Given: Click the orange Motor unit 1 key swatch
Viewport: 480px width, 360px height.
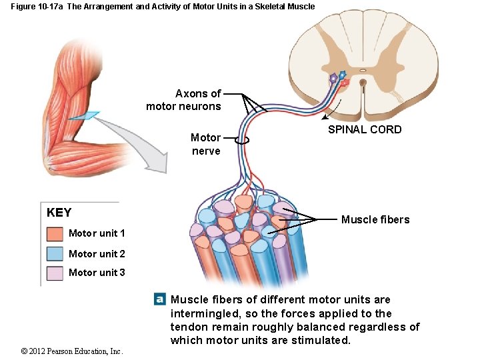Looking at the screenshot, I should pos(55,234).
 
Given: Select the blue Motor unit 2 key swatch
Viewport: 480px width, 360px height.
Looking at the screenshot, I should pos(55,253).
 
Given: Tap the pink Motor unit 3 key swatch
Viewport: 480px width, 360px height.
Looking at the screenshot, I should pos(55,273).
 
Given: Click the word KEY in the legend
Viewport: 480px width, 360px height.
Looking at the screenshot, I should pos(59,213).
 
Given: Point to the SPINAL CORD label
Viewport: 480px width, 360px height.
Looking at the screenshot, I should pos(365,129).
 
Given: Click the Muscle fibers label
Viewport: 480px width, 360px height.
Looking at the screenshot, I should pos(375,219).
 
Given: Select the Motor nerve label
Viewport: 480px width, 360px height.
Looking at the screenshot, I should pos(205,144).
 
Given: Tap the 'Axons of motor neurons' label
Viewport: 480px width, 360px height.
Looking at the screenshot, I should pos(184,100).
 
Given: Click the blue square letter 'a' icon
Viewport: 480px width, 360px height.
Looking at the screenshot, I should pos(159,299).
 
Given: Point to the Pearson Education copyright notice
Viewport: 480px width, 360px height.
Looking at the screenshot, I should pos(72,351).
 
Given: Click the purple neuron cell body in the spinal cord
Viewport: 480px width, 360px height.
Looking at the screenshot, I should pos(333,78).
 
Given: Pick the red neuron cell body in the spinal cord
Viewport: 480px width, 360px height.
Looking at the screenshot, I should pos(345,83).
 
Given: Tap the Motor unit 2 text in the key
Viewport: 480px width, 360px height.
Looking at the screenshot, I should pos(97,253).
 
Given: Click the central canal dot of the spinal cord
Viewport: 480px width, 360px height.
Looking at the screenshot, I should pos(363,84).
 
